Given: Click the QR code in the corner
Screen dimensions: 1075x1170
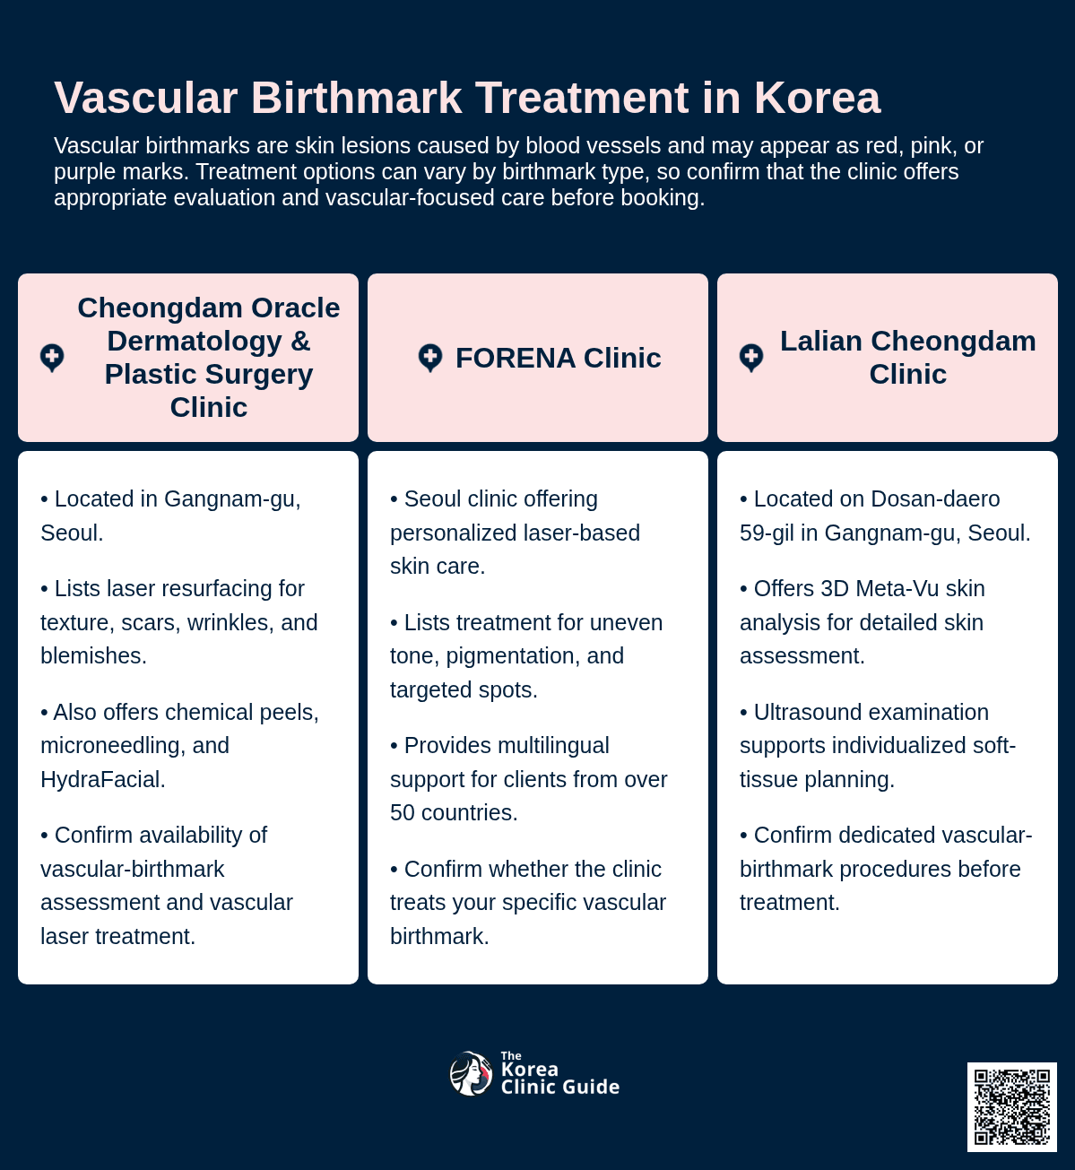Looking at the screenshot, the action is click(x=1011, y=1107).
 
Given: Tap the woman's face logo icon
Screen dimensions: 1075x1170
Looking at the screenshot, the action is click(x=471, y=1073).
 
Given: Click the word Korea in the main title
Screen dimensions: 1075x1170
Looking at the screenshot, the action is click(x=817, y=98).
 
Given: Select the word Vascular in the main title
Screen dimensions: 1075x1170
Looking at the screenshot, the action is click(x=146, y=98).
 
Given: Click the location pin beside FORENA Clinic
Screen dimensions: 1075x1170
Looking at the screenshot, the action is click(x=430, y=358).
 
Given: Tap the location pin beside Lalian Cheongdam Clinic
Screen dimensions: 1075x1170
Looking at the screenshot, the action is click(x=751, y=358).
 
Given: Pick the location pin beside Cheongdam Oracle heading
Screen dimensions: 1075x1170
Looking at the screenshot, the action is click(x=52, y=358).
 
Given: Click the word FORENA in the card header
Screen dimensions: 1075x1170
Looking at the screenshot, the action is click(x=516, y=358).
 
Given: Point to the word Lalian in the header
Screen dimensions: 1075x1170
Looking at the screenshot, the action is click(x=820, y=342).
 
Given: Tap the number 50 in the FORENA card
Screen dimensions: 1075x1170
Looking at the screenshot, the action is click(x=402, y=813).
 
